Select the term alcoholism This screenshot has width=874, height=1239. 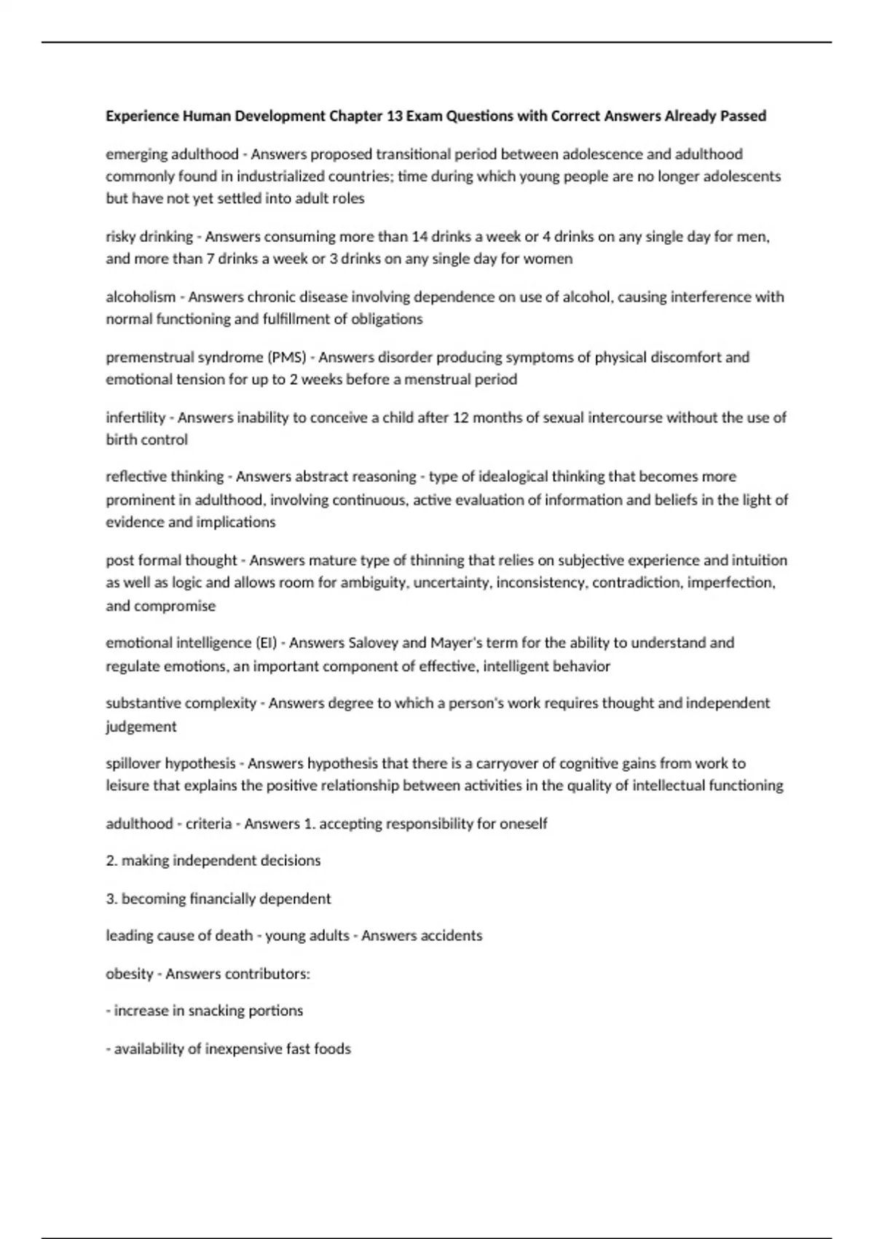(141, 297)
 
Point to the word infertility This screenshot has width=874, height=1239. (135, 418)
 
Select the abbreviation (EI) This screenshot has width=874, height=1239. (266, 643)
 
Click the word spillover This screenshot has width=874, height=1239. (133, 763)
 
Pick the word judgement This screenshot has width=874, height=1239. (141, 726)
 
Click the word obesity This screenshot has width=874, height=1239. (130, 974)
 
